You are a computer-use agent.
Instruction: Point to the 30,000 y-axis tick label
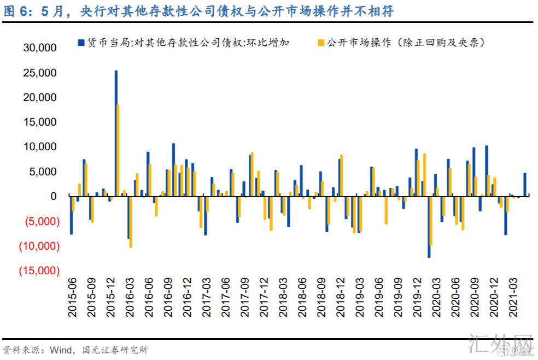40,48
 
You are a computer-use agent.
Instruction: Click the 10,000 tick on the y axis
40,147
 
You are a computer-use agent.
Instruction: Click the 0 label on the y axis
53,196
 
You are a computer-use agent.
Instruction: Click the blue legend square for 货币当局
81,42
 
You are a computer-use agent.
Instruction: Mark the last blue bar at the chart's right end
525,185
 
